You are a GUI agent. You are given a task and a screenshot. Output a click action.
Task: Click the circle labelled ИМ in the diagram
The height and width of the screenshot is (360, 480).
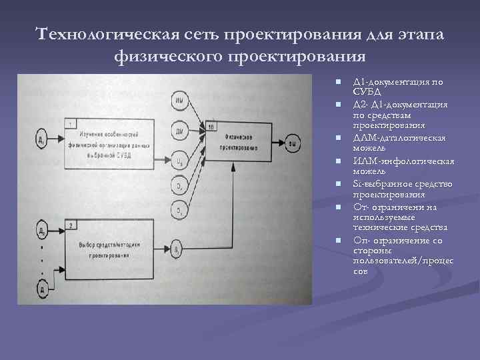point(178,101)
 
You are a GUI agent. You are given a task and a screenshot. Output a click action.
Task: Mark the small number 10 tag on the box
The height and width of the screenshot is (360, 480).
point(211,126)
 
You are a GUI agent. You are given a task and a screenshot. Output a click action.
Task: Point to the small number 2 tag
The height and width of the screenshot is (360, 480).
point(71,225)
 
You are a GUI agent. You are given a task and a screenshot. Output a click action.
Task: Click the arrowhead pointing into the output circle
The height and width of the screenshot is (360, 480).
point(282,142)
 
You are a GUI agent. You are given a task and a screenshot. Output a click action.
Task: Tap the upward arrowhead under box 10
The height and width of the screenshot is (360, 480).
point(232,170)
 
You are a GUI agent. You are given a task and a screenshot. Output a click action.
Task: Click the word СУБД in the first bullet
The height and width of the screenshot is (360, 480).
point(367,91)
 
